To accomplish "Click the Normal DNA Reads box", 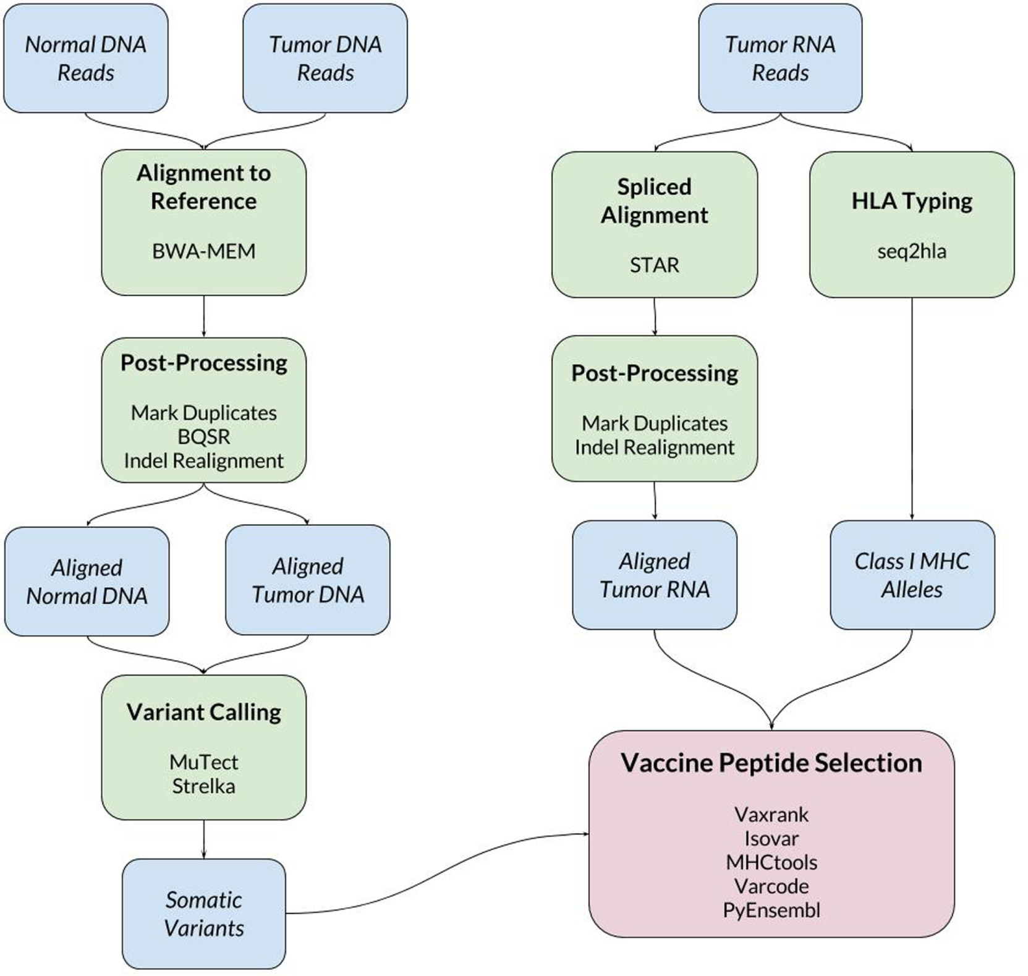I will click(85, 58).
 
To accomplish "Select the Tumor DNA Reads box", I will click(325, 58).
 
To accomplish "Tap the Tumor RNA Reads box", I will click(780, 58).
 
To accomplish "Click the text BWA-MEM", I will click(203, 252).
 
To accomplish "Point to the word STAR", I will click(654, 265).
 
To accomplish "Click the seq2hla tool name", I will click(912, 252).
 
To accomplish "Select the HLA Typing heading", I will click(912, 201).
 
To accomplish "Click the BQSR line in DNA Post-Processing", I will click(203, 437).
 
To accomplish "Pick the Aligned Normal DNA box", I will click(87, 581).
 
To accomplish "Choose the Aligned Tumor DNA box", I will click(308, 580).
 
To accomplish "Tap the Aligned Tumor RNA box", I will click(655, 575).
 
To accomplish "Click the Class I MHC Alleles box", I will click(912, 575).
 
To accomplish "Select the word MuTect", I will click(203, 762).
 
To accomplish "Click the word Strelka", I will click(203, 786).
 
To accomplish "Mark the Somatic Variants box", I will click(203, 914).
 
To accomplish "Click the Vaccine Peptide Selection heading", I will click(771, 763).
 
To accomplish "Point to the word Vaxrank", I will click(771, 815).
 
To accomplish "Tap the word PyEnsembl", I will click(771, 910).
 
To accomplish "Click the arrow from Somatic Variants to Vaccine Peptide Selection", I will click(433, 872).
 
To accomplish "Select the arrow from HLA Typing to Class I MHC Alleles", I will click(912, 408).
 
